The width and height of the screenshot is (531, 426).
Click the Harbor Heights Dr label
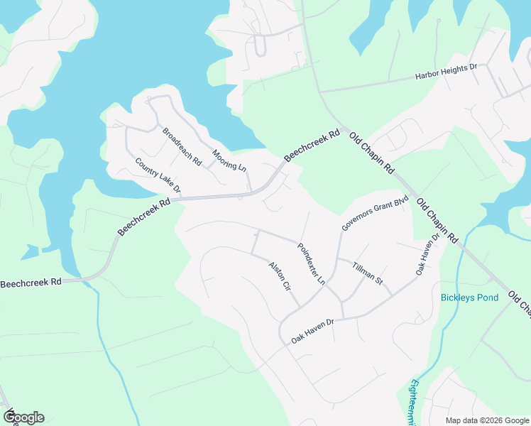(436, 73)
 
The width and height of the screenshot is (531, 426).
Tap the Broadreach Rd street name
(182, 147)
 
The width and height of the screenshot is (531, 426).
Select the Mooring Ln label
(229, 161)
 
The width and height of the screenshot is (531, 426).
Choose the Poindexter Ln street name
(311, 264)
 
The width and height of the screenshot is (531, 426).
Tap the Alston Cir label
(280, 278)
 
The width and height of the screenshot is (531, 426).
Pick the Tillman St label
(368, 273)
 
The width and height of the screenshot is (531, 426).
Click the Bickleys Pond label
(469, 297)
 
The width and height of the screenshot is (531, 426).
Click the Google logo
(23, 417)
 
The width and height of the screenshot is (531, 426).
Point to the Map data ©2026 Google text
(487, 420)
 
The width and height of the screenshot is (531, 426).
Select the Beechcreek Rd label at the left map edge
(31, 283)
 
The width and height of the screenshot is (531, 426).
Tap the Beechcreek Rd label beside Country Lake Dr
(144, 217)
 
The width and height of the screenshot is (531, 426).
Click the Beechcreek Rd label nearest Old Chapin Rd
(312, 146)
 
